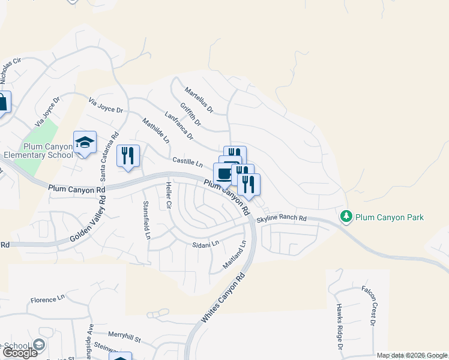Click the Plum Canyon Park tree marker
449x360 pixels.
[x=346, y=217]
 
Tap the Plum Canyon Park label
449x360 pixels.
[x=389, y=217]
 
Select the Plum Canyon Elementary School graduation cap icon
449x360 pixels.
[x=85, y=143]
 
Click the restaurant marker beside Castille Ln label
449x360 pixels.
[x=128, y=156]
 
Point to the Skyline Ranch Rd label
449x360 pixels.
[x=282, y=219]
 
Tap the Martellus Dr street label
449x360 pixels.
[x=199, y=100]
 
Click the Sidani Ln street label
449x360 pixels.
[x=205, y=244]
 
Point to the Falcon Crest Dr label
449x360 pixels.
[x=367, y=305]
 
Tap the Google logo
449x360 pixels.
[x=20, y=353]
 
